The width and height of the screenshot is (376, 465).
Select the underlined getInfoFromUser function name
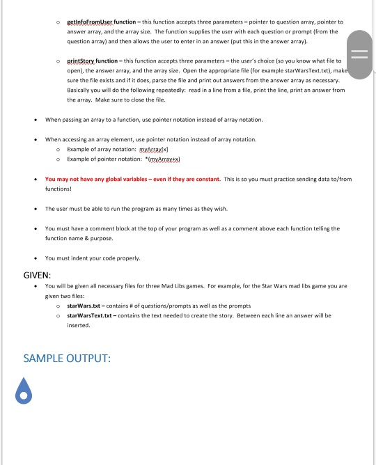[95, 22]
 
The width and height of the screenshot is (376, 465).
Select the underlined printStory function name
[88, 61]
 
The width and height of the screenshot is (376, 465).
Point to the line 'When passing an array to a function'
[154, 120]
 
